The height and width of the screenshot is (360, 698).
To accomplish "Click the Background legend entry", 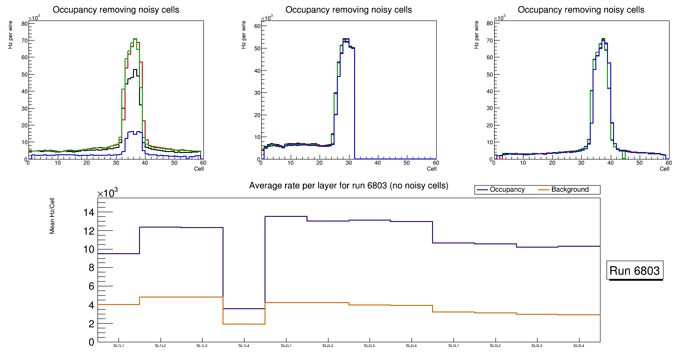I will pyautogui.click(x=570, y=190).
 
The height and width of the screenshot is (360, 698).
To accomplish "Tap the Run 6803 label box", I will pyautogui.click(x=635, y=271).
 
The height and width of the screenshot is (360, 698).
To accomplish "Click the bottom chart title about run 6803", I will pyautogui.click(x=349, y=186).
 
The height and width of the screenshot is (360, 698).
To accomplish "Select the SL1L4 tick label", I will pyautogui.click(x=244, y=346).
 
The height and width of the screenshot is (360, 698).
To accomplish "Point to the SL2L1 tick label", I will pyautogui.click(x=286, y=346).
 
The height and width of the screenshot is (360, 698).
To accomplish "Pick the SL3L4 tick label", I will pyautogui.click(x=579, y=346).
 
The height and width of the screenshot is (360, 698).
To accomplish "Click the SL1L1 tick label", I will pyautogui.click(x=119, y=346).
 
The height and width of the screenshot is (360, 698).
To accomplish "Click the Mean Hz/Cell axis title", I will pyautogui.click(x=53, y=218).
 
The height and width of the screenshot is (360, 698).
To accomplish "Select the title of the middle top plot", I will pyautogui.click(x=349, y=10).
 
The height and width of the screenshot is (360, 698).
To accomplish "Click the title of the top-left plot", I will pyautogui.click(x=116, y=10).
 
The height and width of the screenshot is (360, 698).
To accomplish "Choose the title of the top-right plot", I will pyautogui.click(x=581, y=10).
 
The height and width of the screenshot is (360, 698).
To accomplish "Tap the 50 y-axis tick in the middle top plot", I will pyautogui.click(x=257, y=48).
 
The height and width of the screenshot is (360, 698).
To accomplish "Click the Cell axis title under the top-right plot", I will pyautogui.click(x=664, y=169).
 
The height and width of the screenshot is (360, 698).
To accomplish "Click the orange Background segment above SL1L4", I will pyautogui.click(x=244, y=324).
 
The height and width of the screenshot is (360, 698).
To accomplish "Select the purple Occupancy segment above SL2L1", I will pyautogui.click(x=286, y=216).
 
